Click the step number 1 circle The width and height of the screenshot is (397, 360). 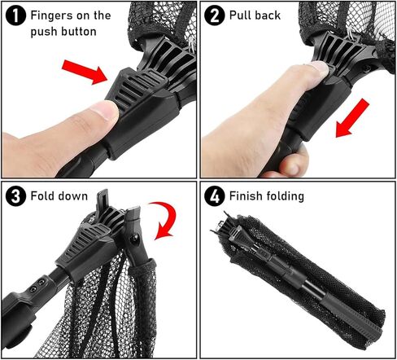click(15, 15)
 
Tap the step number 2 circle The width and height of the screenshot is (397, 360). click(215, 15)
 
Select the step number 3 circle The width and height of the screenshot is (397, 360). click(15, 196)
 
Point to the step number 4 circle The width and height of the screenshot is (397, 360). click(215, 196)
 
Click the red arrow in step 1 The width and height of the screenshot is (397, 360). click(85, 72)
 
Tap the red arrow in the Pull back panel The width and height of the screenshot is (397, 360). click(352, 118)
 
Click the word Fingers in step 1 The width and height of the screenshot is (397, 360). click(52, 15)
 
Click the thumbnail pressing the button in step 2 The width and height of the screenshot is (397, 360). click(320, 68)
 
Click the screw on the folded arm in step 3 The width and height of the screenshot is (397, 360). click(134, 239)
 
